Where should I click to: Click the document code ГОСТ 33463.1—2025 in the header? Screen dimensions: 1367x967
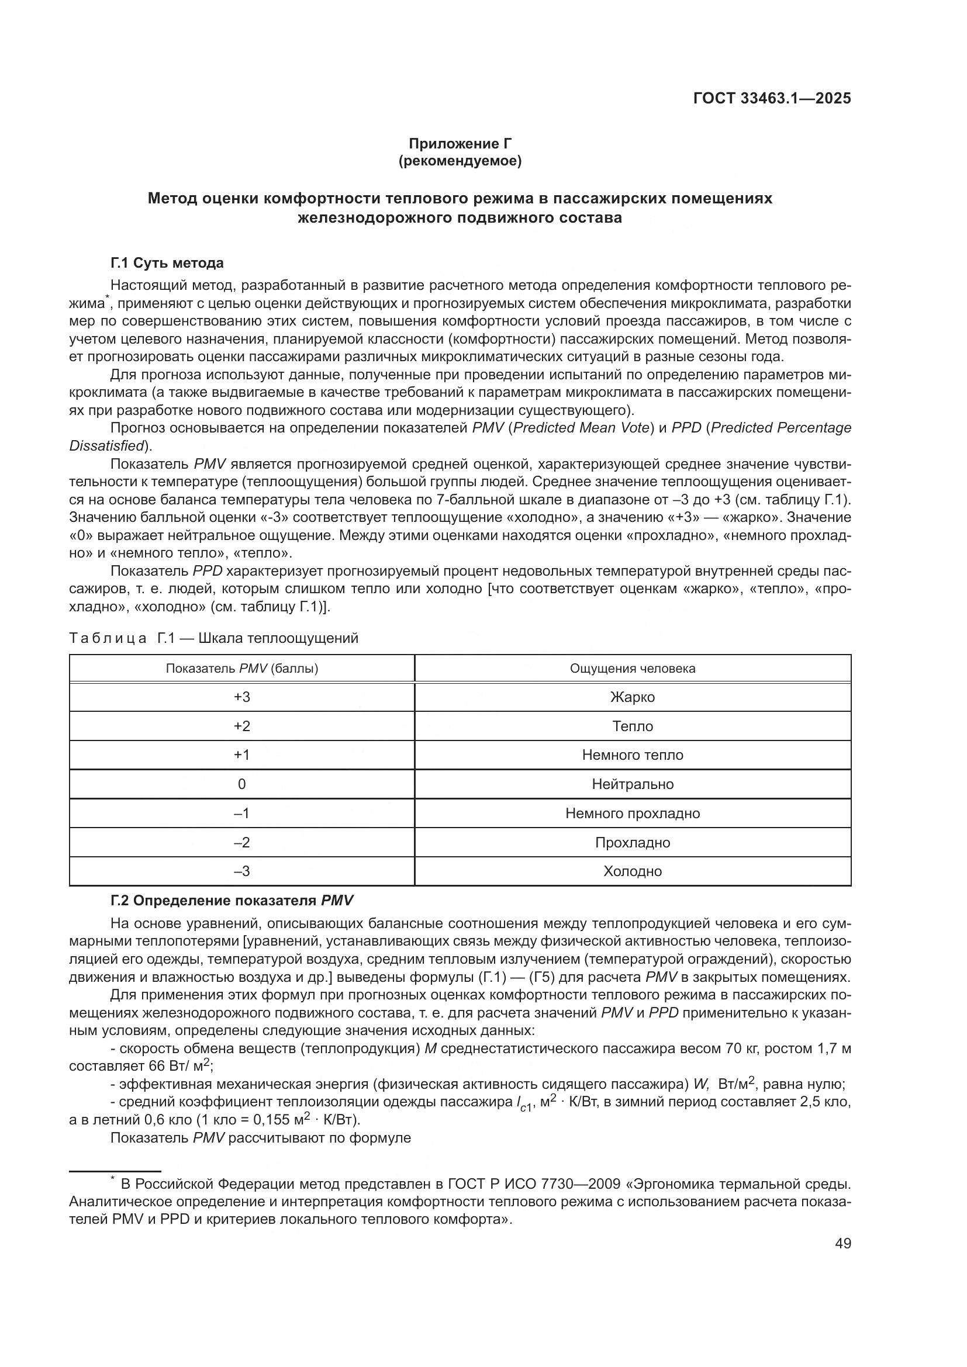point(772,98)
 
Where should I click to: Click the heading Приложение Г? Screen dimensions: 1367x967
point(460,144)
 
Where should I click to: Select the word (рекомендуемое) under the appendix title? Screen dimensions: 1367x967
point(460,161)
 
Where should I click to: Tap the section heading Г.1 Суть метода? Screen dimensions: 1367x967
point(167,262)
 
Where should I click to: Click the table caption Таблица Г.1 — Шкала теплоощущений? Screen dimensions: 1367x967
point(214,638)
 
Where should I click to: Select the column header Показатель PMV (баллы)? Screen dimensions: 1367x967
point(242,668)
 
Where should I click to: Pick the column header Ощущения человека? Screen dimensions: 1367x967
point(633,668)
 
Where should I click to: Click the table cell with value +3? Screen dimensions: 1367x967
point(242,697)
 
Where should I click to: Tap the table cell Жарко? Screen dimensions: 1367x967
point(633,697)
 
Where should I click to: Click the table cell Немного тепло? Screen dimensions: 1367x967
point(633,755)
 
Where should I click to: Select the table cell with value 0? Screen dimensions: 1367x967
point(242,784)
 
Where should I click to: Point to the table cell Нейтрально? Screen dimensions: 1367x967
point(633,784)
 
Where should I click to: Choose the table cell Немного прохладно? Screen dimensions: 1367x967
point(633,814)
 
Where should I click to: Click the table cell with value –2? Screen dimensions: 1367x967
point(242,843)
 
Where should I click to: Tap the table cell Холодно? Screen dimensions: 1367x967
point(633,871)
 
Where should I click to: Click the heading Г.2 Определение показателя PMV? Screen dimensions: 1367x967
point(232,901)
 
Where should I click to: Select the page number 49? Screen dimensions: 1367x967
point(842,1243)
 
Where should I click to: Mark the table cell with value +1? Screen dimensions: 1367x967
point(242,755)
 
